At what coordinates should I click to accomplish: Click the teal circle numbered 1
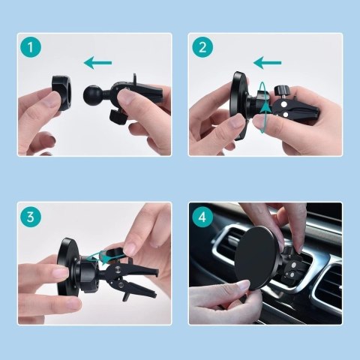click(31, 47)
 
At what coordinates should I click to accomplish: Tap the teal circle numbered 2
click(202, 47)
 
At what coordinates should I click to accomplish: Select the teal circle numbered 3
click(31, 217)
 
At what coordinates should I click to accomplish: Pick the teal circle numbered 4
click(202, 217)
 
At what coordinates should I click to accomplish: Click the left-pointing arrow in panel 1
click(97, 63)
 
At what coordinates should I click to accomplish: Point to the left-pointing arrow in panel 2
click(267, 63)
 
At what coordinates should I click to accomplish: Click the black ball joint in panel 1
click(91, 94)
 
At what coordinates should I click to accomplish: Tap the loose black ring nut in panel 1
click(62, 93)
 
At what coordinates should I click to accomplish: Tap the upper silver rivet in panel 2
click(283, 103)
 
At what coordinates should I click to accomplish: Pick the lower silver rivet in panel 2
click(284, 115)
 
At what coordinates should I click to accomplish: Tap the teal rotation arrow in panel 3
click(103, 257)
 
